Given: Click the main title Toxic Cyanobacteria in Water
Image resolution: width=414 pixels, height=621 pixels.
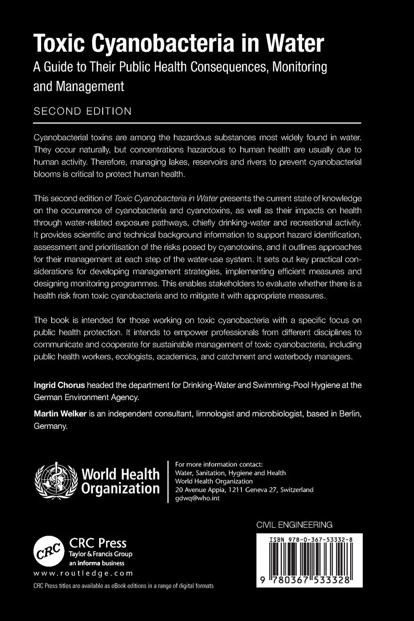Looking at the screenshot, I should coord(178,44).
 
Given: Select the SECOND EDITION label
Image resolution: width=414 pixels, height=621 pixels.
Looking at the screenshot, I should coord(83,111).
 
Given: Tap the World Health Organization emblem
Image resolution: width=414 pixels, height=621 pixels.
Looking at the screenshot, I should coord(56,481).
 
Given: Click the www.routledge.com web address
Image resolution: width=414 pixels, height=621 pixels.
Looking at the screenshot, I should coord(83,574).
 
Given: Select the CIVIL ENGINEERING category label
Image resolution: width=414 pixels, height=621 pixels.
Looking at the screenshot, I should coord(294,525).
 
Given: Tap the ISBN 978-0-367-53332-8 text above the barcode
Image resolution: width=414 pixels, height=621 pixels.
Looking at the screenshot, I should coord(310,539).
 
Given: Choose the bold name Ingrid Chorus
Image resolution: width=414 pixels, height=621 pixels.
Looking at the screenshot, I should coord(59,385).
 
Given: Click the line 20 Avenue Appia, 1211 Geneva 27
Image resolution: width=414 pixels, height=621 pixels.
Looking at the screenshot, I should coord(244,489).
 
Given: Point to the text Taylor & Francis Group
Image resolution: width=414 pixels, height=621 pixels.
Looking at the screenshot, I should coord(100,554).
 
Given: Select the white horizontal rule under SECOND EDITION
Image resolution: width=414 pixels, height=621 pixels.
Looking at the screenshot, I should coord(197,122).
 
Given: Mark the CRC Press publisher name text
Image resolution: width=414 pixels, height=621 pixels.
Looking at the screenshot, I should coord(97,543).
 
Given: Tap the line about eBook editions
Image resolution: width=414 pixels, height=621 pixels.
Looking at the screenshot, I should coord(124,586).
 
